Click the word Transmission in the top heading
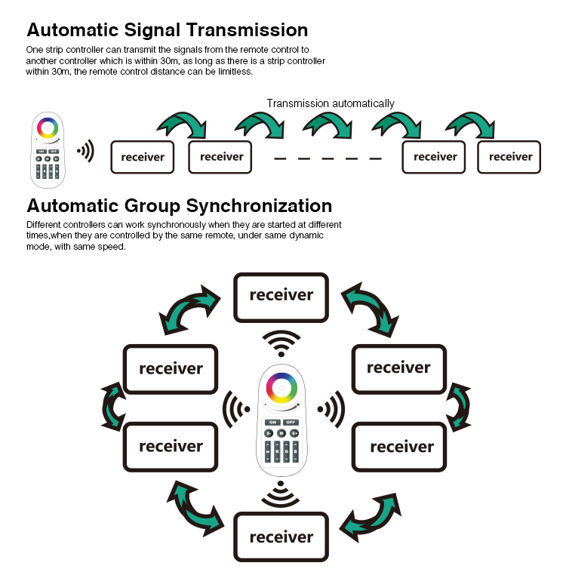(x=247, y=29)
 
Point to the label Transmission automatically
(x=331, y=103)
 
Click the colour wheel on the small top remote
(x=48, y=128)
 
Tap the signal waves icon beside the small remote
(x=86, y=150)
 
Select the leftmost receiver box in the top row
(x=143, y=157)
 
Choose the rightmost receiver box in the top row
(x=509, y=157)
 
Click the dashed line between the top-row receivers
(x=328, y=158)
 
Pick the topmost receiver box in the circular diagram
(x=281, y=297)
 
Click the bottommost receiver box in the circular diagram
(x=281, y=537)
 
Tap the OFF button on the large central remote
(x=291, y=423)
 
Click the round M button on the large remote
(x=281, y=433)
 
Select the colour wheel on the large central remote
(x=281, y=388)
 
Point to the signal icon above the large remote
(x=281, y=343)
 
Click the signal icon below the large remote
(x=281, y=494)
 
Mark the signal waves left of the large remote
(x=236, y=409)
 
